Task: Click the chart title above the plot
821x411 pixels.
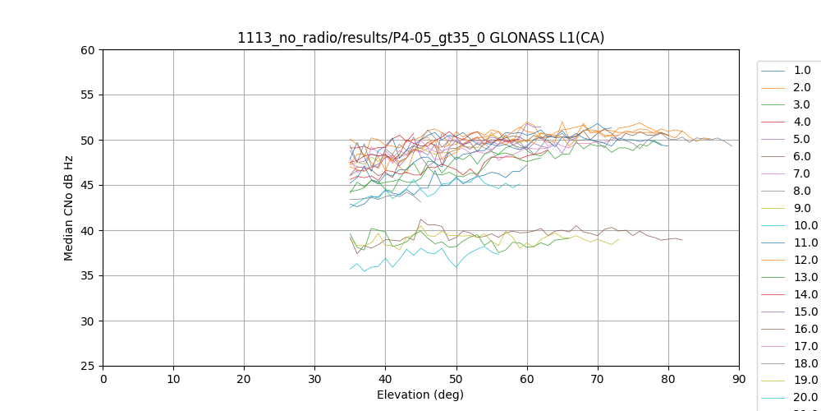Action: coord(420,38)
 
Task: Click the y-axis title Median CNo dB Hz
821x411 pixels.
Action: coord(69,208)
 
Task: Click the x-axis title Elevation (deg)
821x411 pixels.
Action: coord(420,395)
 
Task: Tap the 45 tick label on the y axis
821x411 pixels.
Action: coord(86,186)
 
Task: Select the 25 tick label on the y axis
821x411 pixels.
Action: coord(86,367)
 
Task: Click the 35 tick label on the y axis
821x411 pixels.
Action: coord(86,276)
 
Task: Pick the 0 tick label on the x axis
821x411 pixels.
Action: coord(103,379)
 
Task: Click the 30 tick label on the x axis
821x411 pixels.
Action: coord(315,379)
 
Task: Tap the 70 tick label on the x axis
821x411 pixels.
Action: coord(598,379)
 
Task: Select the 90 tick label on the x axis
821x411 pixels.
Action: coord(739,379)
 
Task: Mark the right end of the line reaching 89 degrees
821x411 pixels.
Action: coord(732,145)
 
